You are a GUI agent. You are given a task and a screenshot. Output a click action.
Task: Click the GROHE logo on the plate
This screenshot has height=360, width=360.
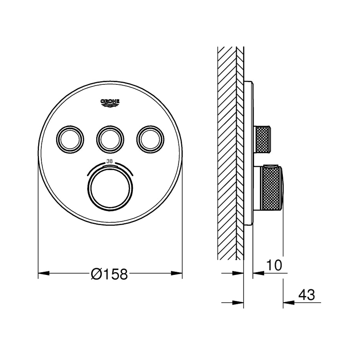[110, 103]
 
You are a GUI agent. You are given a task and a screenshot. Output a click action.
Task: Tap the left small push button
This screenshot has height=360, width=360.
[70, 139]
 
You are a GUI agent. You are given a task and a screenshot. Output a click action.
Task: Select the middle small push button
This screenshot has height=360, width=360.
[110, 139]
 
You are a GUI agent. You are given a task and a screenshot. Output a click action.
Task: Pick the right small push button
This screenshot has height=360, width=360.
[151, 139]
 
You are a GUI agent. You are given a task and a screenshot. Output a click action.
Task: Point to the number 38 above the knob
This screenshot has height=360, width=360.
[110, 161]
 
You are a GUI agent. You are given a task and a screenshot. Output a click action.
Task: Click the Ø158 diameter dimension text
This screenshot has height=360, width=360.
[109, 274]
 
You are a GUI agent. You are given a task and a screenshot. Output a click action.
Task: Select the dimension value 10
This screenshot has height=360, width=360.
[274, 265]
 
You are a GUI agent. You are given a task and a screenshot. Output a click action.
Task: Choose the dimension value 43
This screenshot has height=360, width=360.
[307, 295]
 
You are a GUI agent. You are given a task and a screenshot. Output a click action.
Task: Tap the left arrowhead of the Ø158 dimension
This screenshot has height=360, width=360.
[44, 273]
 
